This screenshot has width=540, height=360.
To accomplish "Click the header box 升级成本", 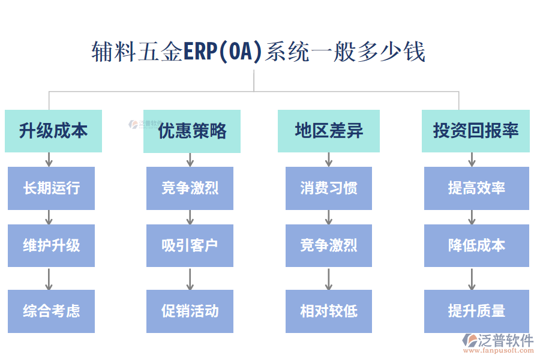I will pyautogui.click(x=53, y=131).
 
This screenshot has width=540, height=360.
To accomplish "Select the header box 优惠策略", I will pyautogui.click(x=191, y=131).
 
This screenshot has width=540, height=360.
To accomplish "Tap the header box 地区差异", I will pyautogui.click(x=328, y=131).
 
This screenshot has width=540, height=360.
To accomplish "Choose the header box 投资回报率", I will pyautogui.click(x=475, y=131).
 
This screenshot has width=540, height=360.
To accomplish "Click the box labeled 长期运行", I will pyautogui.click(x=51, y=188).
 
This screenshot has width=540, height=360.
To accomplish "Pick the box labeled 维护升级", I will pyautogui.click(x=51, y=245).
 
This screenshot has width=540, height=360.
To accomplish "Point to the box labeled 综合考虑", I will pyautogui.click(x=51, y=311).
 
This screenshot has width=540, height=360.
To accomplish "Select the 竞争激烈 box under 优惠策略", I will pyautogui.click(x=190, y=188).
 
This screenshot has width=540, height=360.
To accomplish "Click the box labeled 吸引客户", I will pyautogui.click(x=190, y=245).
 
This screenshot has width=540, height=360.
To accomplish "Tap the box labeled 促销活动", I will pyautogui.click(x=190, y=311).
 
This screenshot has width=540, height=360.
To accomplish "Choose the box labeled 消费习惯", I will pyautogui.click(x=328, y=188).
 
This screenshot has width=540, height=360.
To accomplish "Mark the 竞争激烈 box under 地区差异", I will pyautogui.click(x=328, y=245).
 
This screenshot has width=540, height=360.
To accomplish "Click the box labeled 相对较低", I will pyautogui.click(x=328, y=311).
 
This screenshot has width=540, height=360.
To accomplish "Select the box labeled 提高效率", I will pyautogui.click(x=476, y=188).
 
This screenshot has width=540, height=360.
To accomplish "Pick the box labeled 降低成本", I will pyautogui.click(x=476, y=245).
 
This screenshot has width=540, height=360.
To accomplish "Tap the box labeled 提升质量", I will pyautogui.click(x=476, y=311).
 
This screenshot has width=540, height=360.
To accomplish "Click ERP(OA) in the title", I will pyautogui.click(x=223, y=52).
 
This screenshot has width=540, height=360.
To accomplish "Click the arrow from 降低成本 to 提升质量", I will pyautogui.click(x=472, y=278).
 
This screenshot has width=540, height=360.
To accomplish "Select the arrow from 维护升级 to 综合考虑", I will pyautogui.click(x=49, y=278).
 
